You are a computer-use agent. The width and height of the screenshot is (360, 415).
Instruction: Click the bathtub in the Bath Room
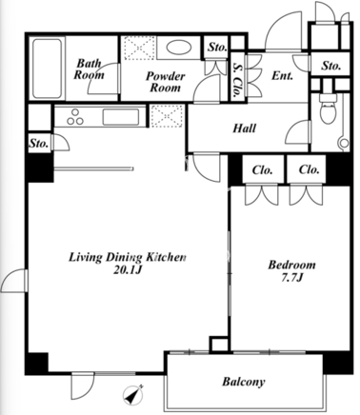point(47,69)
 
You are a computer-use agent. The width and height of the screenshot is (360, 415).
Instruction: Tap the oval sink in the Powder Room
point(179,48)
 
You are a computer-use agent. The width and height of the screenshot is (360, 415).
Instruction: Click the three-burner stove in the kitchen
point(75,117)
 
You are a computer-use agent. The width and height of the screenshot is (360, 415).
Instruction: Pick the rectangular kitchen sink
point(121,117)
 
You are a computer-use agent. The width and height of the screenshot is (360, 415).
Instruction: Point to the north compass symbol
point(133,395)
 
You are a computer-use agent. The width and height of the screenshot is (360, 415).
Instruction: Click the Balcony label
point(244,382)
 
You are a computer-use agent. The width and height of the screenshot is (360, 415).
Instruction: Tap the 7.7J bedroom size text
point(292,278)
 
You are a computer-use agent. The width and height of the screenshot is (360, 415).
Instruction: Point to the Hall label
point(245,128)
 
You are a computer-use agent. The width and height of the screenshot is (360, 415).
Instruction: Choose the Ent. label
point(282,76)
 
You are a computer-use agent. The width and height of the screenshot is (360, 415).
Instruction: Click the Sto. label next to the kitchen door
point(39,144)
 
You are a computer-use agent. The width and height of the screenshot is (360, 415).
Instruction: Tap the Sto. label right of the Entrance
point(331,66)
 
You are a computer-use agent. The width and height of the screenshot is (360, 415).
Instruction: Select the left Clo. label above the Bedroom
point(262,170)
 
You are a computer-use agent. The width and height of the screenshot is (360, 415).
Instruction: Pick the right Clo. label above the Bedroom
point(309,169)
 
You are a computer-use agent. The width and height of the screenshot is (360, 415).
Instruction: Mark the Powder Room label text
point(166,82)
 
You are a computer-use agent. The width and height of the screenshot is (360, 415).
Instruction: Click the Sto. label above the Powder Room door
point(217,48)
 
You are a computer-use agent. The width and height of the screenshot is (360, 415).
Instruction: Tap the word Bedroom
point(292,265)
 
